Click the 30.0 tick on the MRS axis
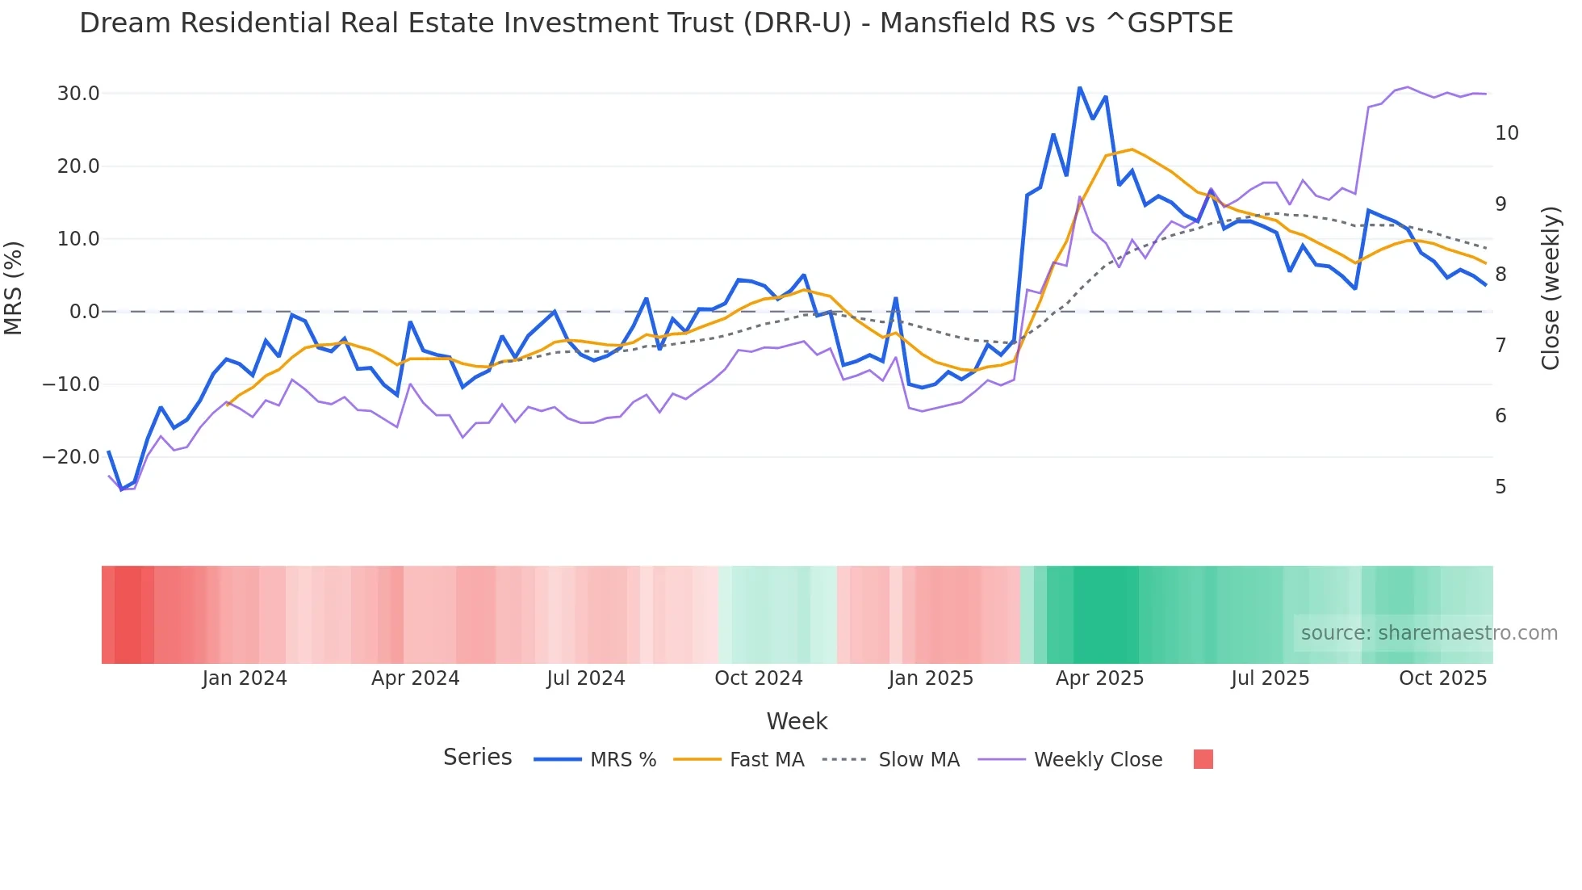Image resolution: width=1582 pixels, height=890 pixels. [78, 94]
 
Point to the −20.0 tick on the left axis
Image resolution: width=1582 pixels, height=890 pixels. [71, 457]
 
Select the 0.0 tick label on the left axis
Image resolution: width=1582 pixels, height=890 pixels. [84, 312]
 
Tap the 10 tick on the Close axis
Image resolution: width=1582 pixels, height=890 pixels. [1506, 133]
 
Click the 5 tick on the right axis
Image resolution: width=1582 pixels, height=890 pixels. [1500, 487]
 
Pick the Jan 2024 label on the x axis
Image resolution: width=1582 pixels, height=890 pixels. [244, 678]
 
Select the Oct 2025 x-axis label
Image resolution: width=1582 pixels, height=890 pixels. [1442, 678]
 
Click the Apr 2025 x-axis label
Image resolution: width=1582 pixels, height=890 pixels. [1099, 678]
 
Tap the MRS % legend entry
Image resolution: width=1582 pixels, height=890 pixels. [595, 760]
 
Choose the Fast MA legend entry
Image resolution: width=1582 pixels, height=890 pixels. [739, 760]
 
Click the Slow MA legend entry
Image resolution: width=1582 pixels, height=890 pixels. [890, 760]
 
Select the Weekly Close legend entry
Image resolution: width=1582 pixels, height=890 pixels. [1070, 760]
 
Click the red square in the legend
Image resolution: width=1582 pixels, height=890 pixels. [1203, 759]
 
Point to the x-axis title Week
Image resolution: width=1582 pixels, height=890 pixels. [797, 721]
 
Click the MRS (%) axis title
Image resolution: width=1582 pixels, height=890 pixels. [14, 288]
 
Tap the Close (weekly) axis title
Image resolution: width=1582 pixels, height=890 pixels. [1550, 288]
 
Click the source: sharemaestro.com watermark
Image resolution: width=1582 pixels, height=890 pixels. [1429, 633]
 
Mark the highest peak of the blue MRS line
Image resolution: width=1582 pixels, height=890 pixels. [1079, 88]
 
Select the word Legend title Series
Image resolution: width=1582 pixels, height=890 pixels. [477, 758]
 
